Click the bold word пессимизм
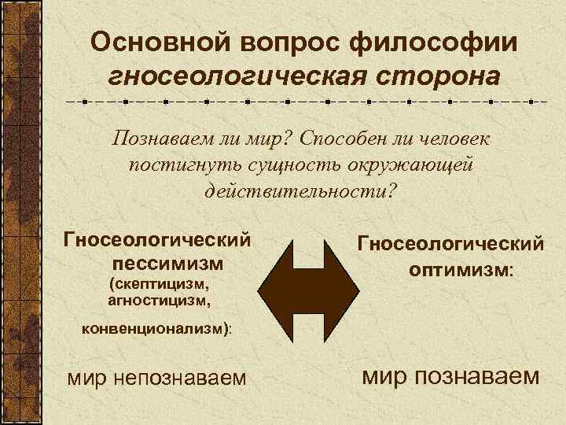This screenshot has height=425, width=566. pos(167,262)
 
